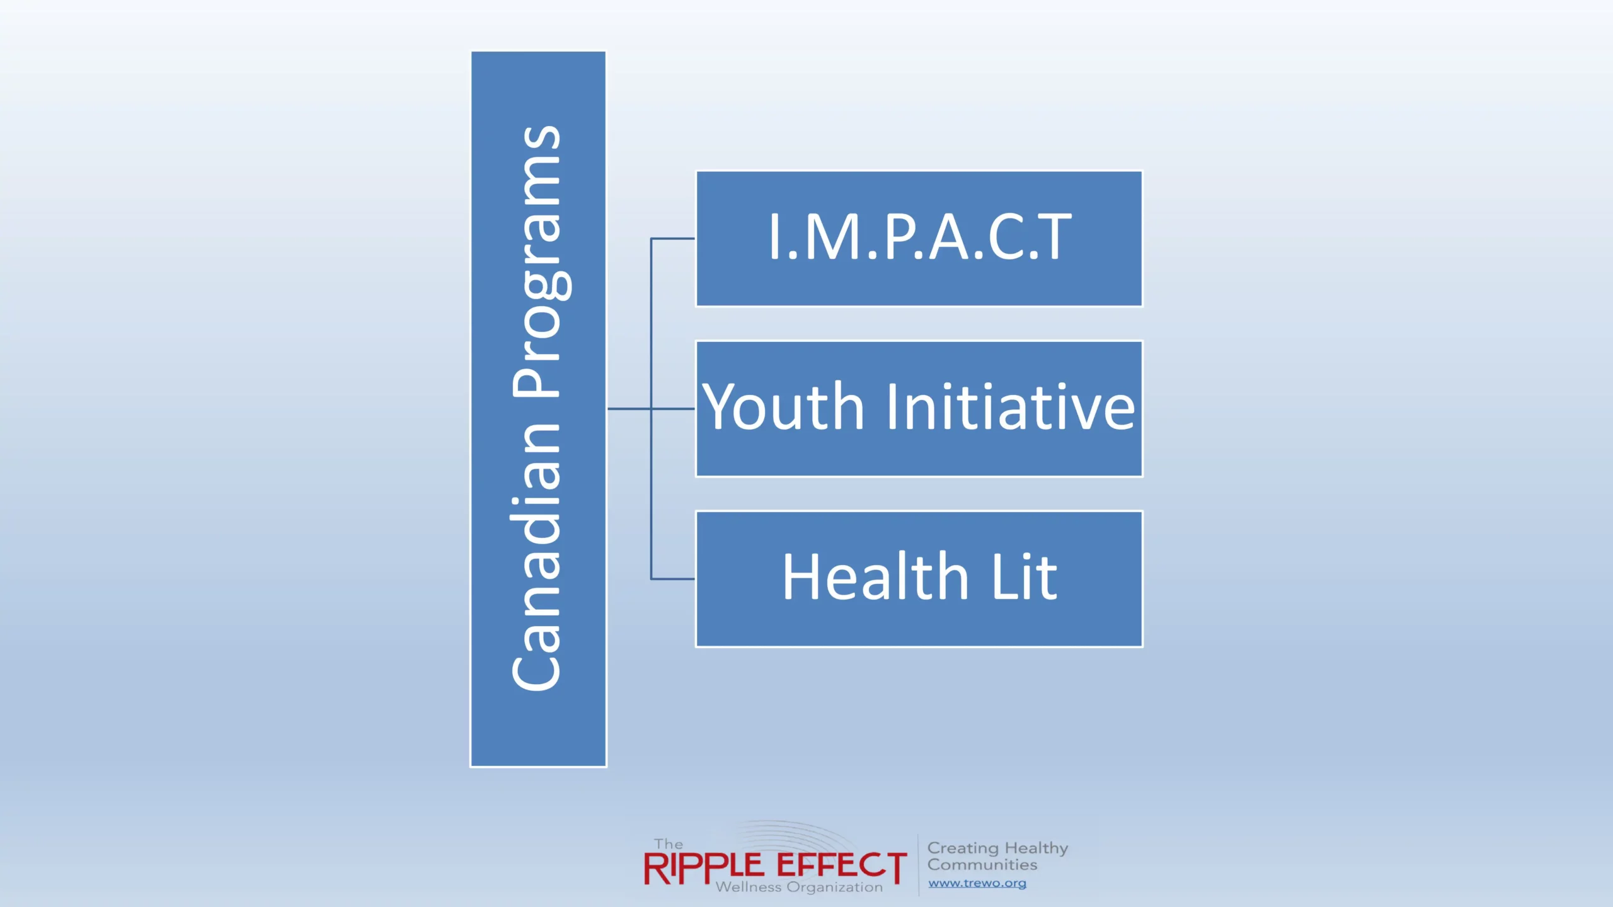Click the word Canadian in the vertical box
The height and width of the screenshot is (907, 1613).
[536, 557]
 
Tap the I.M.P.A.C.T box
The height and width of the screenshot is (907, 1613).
[919, 239]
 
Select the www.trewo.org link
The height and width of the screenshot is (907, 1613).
[977, 883]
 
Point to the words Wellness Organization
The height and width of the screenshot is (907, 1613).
[799, 887]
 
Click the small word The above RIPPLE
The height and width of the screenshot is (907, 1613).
[668, 844]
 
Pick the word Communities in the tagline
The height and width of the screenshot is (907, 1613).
[982, 865]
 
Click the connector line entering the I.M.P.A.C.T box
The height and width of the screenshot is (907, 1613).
[673, 239]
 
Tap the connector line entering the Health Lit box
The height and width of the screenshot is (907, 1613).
[673, 578]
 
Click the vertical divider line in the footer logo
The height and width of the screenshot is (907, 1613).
[918, 865]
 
